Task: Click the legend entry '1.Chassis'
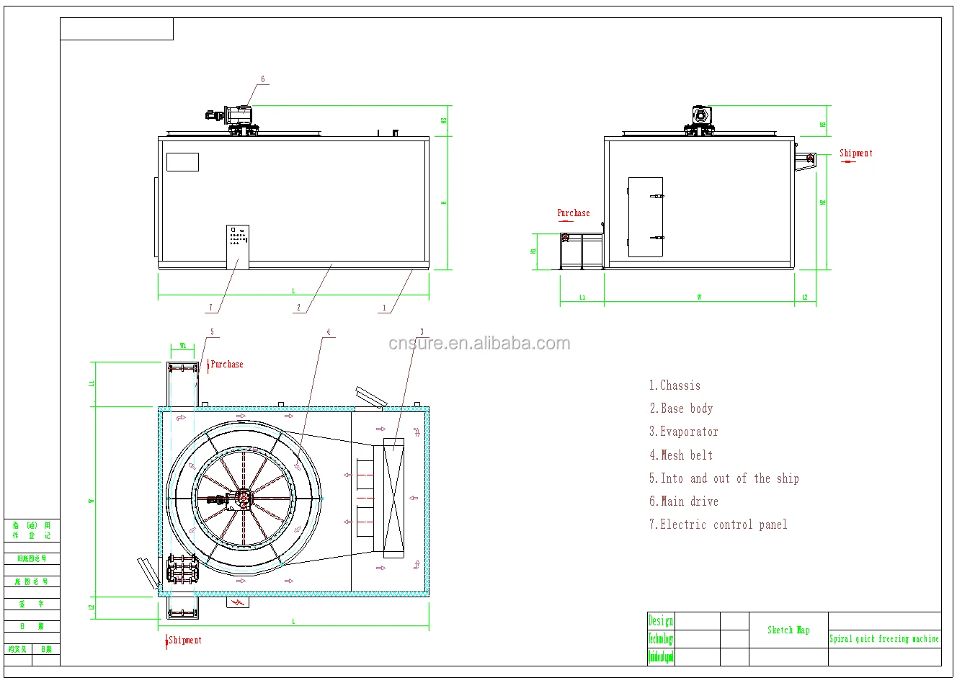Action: pos(675,385)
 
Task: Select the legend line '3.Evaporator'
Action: pos(683,432)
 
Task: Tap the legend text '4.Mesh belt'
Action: pos(681,455)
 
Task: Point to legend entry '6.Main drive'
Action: pos(683,501)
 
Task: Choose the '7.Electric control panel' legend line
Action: pos(718,524)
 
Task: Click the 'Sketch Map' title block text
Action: pos(788,630)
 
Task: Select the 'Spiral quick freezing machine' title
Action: pos(883,638)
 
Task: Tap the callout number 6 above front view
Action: pos(263,79)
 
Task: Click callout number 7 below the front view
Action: pos(211,308)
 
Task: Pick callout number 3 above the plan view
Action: pos(422,332)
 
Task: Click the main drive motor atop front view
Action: pos(236,115)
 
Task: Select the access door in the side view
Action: pos(645,217)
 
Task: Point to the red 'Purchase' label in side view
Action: pos(574,213)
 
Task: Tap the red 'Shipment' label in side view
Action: pos(855,153)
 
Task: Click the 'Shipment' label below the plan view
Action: pos(184,640)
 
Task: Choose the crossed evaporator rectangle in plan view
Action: pos(393,498)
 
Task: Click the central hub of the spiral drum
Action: pos(244,498)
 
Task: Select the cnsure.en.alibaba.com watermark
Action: pos(479,344)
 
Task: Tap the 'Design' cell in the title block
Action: pos(660,620)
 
